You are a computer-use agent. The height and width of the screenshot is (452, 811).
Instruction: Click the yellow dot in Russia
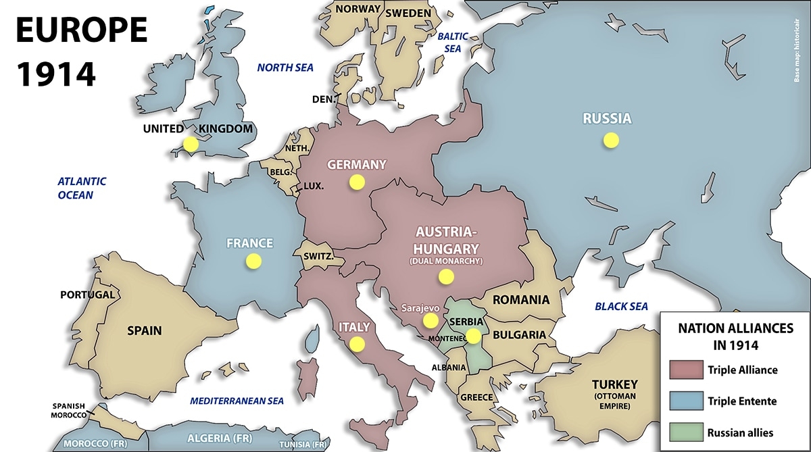click(x=611, y=141)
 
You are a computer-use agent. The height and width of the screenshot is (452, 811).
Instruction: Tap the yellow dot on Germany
click(x=356, y=182)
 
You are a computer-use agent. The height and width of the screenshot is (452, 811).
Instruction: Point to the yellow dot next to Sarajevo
click(x=430, y=320)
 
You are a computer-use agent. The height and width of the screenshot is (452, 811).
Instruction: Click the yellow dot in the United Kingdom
click(x=191, y=144)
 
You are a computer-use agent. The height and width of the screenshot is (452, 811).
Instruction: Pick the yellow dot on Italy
click(x=357, y=344)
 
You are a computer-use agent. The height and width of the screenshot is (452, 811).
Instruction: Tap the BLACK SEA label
click(x=621, y=307)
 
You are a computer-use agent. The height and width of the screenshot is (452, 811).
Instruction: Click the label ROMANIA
click(x=520, y=300)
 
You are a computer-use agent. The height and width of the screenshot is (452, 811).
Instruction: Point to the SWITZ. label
click(x=317, y=257)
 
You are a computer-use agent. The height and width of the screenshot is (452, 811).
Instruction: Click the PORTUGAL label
click(x=87, y=295)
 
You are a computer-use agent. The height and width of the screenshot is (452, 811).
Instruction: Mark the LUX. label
click(x=314, y=186)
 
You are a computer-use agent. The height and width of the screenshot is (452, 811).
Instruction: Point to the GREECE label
click(x=476, y=397)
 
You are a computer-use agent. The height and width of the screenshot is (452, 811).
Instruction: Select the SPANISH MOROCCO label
click(x=68, y=410)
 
